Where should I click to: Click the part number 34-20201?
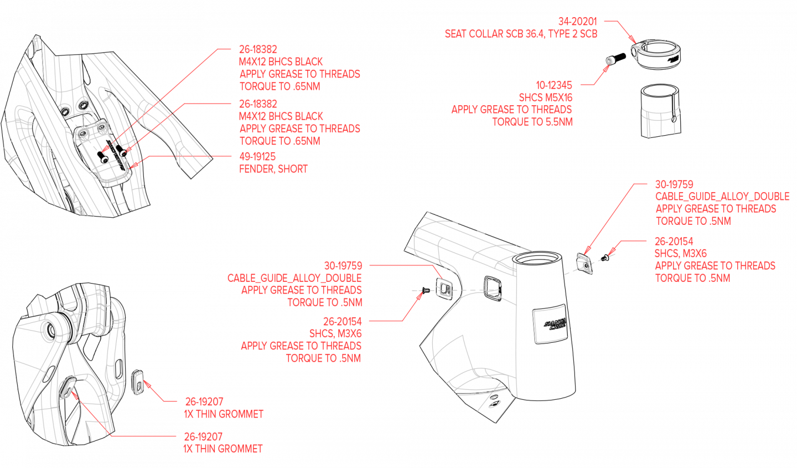[577, 22]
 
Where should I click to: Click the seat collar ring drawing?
[656, 53]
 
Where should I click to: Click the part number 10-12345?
[554, 85]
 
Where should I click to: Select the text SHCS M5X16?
[545, 97]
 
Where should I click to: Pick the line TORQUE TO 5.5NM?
[532, 122]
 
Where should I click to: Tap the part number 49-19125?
[257, 157]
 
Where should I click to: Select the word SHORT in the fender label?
[293, 169]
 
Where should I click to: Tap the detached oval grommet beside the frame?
[138, 382]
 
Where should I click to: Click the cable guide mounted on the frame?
[444, 288]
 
